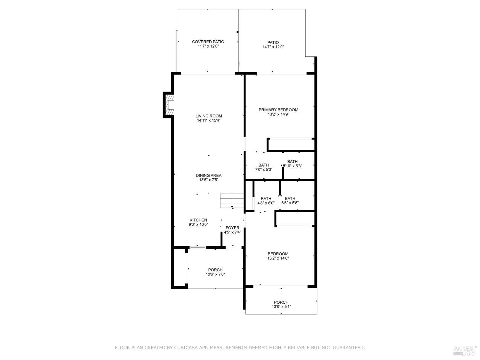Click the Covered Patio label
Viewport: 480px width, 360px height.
208,42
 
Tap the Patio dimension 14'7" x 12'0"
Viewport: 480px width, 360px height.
273,47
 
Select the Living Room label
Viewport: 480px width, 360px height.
209,116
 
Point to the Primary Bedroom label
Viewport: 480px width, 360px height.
278,110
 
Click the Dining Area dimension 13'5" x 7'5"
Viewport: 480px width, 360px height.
208,180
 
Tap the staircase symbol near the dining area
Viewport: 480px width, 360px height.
232,201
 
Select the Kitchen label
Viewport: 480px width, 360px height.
198,220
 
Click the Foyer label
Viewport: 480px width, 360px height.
232,228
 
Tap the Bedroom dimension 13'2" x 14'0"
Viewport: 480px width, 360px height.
278,258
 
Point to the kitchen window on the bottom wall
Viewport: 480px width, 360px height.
197,247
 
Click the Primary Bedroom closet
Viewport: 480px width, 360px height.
291,145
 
